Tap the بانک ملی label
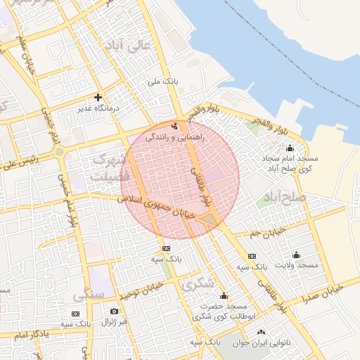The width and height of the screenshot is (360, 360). (x=163, y=82)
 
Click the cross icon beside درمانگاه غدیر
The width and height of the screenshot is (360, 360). (x=98, y=97)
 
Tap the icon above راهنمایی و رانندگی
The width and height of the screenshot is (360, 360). (x=174, y=127)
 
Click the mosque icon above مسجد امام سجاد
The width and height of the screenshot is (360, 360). (x=290, y=148)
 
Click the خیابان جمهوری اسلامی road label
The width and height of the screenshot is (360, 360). (x=158, y=210)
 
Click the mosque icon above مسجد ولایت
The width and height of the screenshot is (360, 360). (x=296, y=255)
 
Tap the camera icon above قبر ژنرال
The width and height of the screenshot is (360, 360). (x=114, y=311)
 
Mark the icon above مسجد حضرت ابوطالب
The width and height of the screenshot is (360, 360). (x=224, y=296)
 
